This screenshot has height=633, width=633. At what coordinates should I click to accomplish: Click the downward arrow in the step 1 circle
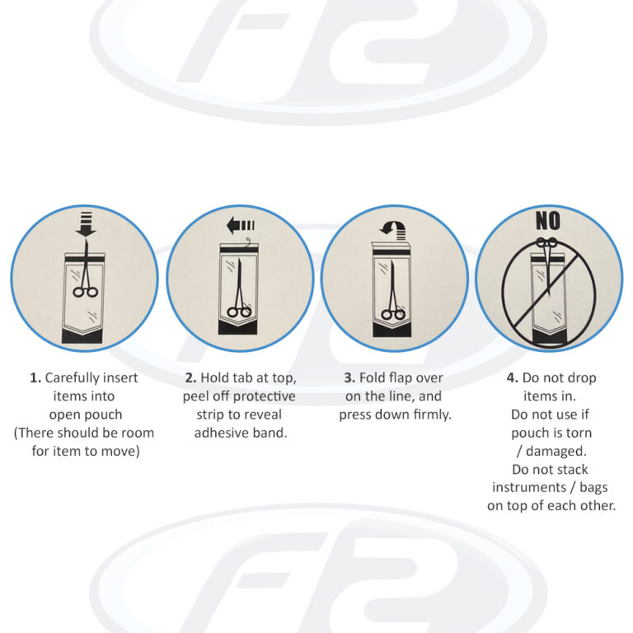click(86, 224)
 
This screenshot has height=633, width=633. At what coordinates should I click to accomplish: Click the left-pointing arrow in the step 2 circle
click(241, 225)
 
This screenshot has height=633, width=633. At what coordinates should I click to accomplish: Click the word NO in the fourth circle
click(548, 221)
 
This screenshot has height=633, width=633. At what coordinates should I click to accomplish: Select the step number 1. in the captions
click(35, 377)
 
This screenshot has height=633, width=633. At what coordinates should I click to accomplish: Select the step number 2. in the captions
click(190, 377)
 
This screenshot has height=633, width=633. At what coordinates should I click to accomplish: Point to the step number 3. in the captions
click(349, 377)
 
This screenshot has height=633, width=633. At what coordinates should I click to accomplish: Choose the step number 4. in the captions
click(513, 377)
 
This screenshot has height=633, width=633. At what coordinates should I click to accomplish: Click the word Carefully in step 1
click(72, 378)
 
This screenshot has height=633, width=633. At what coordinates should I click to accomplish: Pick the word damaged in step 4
click(556, 452)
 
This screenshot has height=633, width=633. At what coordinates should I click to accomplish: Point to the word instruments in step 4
click(529, 488)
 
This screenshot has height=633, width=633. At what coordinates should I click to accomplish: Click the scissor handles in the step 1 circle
click(85, 292)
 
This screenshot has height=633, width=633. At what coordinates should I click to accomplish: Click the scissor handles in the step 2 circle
click(239, 312)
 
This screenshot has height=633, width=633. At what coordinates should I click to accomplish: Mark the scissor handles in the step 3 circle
click(393, 314)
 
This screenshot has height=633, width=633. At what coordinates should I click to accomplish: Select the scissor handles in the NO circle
click(547, 242)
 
